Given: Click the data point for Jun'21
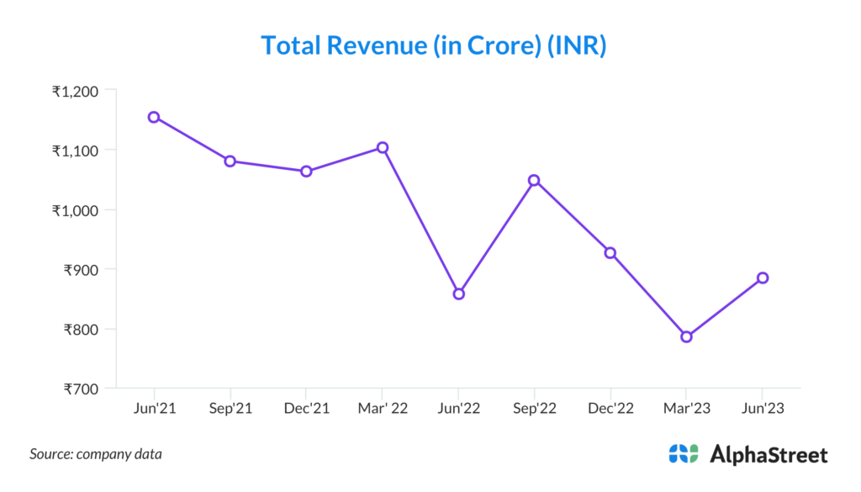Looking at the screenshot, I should point(154,117).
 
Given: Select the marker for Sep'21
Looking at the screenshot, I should point(230,161).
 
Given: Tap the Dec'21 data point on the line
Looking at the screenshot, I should point(306,171).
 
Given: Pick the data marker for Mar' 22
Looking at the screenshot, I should point(383,147).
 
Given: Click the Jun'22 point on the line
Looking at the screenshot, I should point(458,294).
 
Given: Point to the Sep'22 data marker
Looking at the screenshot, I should point(534,180).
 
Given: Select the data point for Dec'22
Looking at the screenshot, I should point(610,252).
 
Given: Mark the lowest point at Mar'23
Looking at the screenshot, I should point(686,336).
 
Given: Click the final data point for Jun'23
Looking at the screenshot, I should point(763,278).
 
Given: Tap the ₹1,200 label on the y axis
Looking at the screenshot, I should point(76,91).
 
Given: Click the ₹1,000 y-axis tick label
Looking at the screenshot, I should point(76,210).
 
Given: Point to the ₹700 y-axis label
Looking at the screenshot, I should point(82,389).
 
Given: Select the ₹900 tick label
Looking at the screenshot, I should point(82,270).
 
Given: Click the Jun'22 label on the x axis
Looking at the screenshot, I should point(458,409).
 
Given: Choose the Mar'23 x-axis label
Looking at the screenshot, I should point(686,409).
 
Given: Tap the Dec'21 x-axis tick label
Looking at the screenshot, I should point(306,409).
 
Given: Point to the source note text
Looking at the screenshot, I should point(96,454).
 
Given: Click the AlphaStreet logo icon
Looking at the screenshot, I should point(684,454).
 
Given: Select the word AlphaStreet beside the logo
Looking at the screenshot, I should point(769,455).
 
